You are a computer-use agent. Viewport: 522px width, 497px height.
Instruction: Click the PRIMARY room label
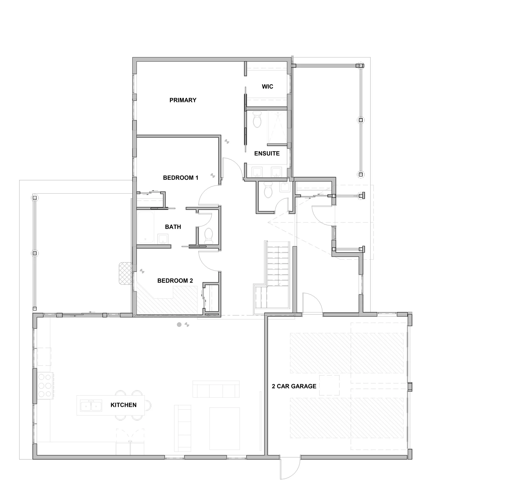(183, 100)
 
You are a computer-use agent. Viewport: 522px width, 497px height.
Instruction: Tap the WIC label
(267, 87)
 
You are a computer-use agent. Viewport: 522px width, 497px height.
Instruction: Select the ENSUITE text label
(267, 153)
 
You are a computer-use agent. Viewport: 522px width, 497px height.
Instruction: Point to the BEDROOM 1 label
(180, 178)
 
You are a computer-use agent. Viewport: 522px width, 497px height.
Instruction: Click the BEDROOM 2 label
(175, 281)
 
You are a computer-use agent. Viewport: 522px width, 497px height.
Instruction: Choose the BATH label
(173, 227)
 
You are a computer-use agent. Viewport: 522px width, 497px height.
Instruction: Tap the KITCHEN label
(123, 405)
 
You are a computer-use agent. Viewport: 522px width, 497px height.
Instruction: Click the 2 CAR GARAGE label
(294, 386)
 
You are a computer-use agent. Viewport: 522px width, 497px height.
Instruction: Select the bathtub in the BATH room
(145, 227)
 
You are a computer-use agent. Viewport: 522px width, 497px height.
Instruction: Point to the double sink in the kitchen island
(91, 406)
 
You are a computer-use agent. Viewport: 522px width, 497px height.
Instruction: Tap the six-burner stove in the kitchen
(45, 385)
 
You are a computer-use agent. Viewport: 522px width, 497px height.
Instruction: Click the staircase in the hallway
(277, 268)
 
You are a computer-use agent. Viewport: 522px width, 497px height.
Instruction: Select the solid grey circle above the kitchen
(179, 325)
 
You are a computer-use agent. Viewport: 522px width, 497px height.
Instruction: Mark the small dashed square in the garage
(329, 385)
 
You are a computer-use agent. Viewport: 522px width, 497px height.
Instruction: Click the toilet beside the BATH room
(209, 236)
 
